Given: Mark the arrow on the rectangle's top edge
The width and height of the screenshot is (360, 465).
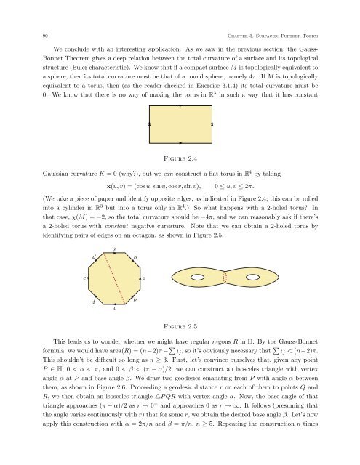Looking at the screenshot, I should pos(180,106).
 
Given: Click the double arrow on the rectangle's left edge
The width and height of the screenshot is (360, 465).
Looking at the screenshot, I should pos(148,124).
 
